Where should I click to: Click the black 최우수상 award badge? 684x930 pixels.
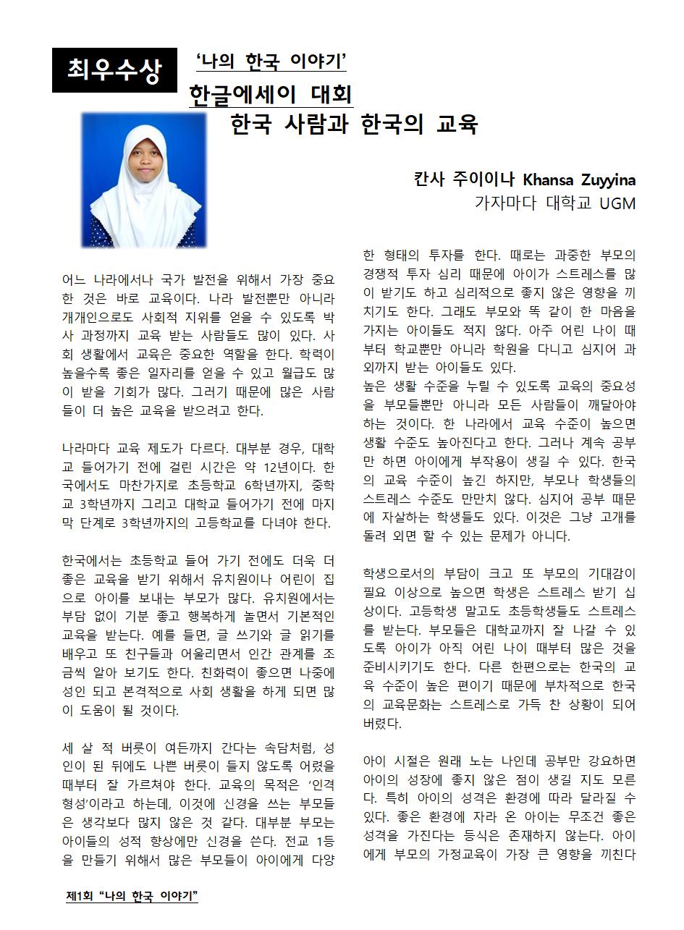click(x=114, y=70)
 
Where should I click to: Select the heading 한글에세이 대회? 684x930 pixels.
click(x=270, y=95)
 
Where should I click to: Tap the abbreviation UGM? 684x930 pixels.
click(x=617, y=203)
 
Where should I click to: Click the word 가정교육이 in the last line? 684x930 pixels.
click(x=475, y=854)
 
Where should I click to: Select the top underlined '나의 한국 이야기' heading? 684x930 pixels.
click(x=271, y=63)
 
